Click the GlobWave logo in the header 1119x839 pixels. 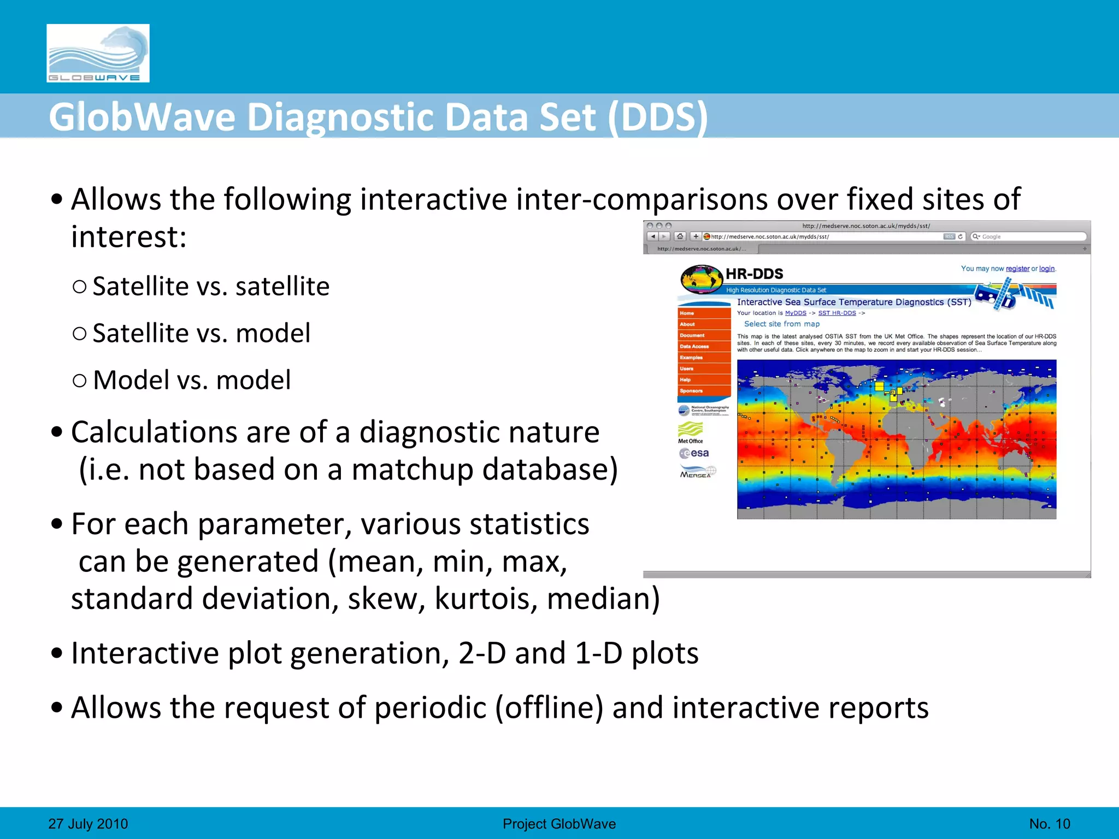tap(98, 53)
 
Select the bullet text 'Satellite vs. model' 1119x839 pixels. tap(201, 333)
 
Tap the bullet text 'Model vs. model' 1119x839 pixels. tap(191, 380)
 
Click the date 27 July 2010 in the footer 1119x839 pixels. tap(88, 824)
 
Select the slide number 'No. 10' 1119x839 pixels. tap(1049, 824)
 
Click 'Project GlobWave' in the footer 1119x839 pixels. tap(559, 824)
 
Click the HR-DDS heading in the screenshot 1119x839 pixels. tap(754, 274)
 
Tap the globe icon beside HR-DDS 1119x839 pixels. tap(702, 279)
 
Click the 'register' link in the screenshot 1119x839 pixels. tap(1017, 269)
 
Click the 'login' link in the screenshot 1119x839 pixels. tap(1046, 269)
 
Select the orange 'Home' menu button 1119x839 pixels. tap(704, 314)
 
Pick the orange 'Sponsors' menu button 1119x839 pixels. tap(704, 391)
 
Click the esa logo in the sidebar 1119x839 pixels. tap(694, 453)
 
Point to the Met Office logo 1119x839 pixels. tap(691, 432)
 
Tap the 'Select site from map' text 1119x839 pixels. tap(782, 324)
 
